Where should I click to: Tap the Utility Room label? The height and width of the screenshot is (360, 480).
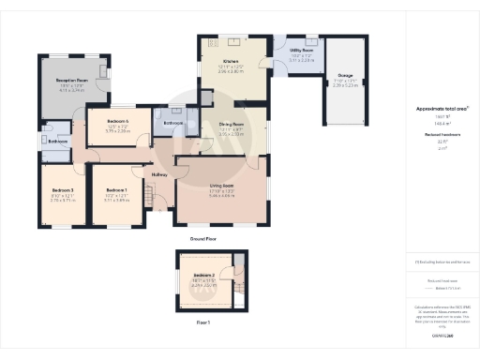tap(302, 51)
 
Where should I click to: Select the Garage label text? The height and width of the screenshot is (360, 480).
tap(346, 75)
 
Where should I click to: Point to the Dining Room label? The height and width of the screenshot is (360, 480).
tap(232, 125)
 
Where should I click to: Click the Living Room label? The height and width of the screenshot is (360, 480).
tap(222, 187)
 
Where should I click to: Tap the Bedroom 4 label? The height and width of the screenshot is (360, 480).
tap(117, 122)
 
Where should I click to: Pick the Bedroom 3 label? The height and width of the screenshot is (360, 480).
tap(63, 190)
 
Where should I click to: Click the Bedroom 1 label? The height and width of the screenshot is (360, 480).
tap(117, 190)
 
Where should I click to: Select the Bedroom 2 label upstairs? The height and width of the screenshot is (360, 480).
tap(204, 275)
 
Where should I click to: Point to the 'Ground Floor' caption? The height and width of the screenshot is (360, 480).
tap(203, 240)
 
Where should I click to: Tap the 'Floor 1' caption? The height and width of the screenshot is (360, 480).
tap(203, 322)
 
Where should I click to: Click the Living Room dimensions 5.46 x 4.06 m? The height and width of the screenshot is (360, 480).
tap(222, 196)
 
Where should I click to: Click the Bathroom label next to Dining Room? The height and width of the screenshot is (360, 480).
tap(172, 123)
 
